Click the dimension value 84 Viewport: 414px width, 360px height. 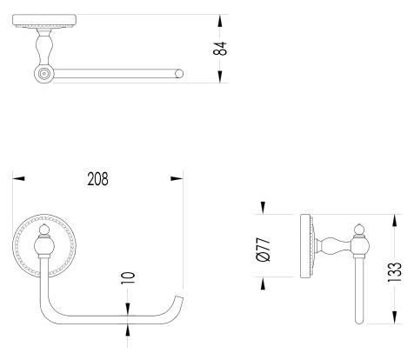[x=220, y=49]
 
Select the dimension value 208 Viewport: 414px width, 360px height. [x=97, y=179]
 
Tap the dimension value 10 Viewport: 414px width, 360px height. [x=128, y=278]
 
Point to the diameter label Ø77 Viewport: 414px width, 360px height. [x=264, y=250]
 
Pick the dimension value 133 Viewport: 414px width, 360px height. [x=395, y=272]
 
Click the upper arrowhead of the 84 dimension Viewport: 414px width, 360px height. [x=220, y=21]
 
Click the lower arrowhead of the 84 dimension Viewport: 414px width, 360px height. [x=220, y=77]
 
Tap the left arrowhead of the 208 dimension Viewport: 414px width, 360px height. [x=18, y=178]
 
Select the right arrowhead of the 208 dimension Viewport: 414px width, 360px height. [x=177, y=178]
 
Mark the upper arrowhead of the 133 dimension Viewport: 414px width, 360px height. [x=394, y=221]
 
